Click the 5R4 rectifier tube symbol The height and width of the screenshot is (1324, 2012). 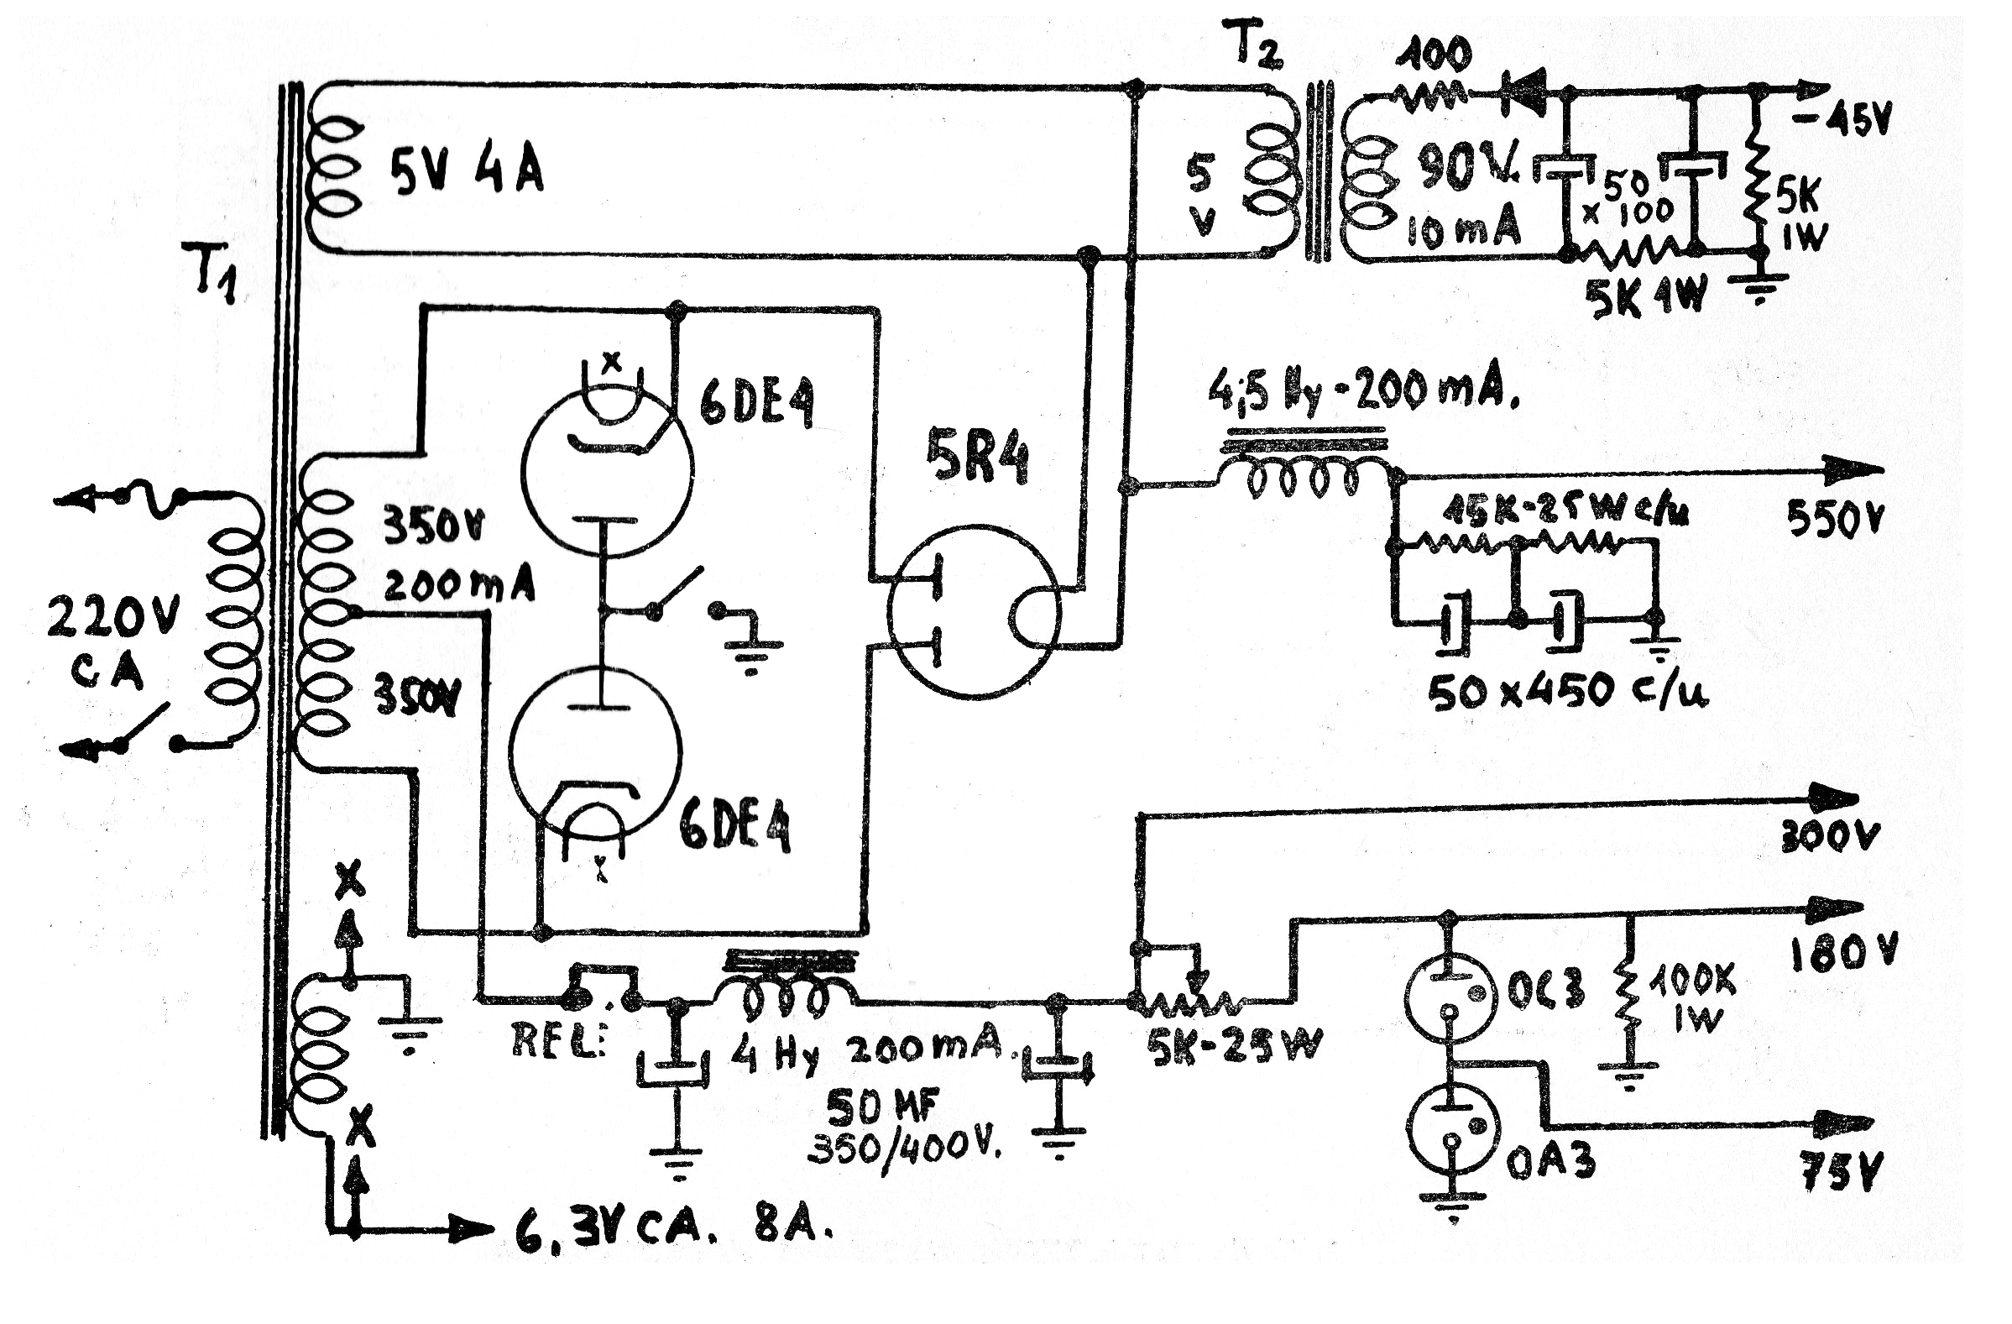pyautogui.click(x=973, y=612)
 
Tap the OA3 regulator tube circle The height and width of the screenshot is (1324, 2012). pyautogui.click(x=1452, y=1129)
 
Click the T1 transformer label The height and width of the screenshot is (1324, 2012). pyautogui.click(x=215, y=270)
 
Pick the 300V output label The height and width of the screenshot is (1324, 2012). pyautogui.click(x=1830, y=837)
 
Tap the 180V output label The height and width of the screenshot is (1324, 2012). pyautogui.click(x=1843, y=954)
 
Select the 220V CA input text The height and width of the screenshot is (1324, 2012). pyautogui.click(x=112, y=642)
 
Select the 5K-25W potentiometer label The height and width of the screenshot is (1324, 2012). pyautogui.click(x=1233, y=1047)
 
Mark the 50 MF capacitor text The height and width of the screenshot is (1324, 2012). pyautogui.click(x=882, y=1104)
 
